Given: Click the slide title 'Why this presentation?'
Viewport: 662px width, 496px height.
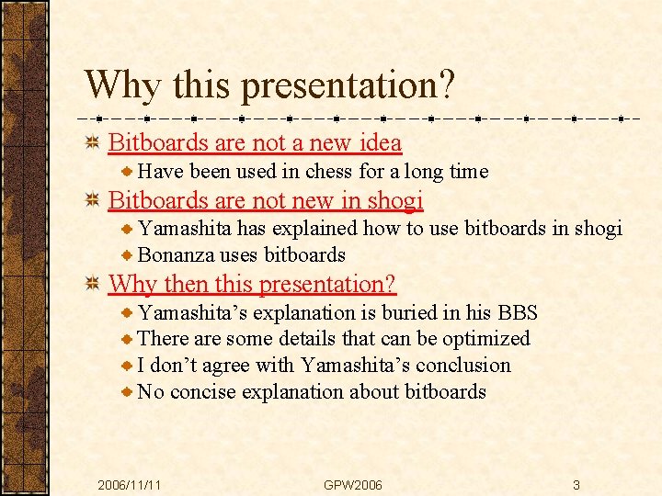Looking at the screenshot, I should click(x=269, y=85).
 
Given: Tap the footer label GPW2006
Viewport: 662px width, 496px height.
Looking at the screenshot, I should click(x=353, y=484).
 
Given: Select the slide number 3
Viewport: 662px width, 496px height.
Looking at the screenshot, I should click(x=576, y=484).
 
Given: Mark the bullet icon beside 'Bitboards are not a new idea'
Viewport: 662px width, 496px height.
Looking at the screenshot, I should click(x=92, y=143).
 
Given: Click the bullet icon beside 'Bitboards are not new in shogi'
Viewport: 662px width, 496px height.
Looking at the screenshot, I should click(x=92, y=200).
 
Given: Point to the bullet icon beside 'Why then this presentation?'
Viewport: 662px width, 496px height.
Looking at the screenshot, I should click(x=92, y=285).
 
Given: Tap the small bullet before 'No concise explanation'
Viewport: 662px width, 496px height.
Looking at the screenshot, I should click(x=129, y=391).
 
